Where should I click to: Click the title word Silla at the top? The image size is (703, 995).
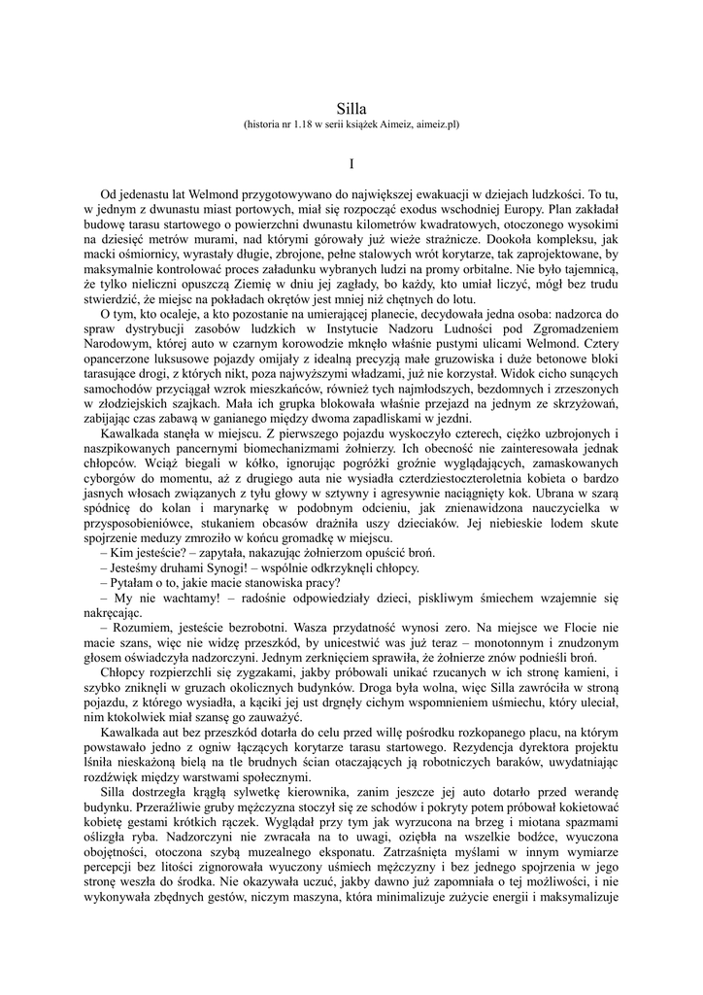click(351, 110)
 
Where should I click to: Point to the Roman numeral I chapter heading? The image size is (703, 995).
click(351, 167)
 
